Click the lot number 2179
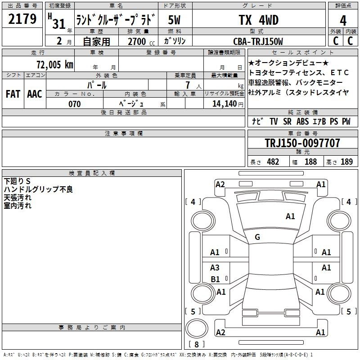click(22, 19)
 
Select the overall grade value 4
click(343, 20)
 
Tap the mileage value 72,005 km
click(55, 64)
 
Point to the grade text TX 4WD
click(259, 20)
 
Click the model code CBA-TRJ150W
click(258, 41)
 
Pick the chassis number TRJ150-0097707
click(302, 143)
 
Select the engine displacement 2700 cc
click(141, 41)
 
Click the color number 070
click(74, 104)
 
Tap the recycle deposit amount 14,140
click(225, 104)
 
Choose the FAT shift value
click(13, 94)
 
